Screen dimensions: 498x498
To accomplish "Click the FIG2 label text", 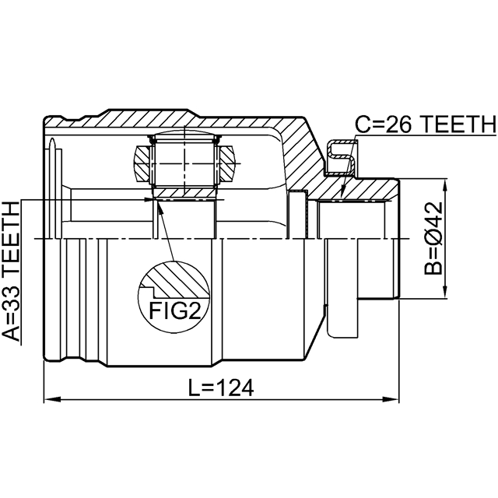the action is pos(174,310).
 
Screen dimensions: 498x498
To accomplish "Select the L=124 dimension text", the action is pos(221,388).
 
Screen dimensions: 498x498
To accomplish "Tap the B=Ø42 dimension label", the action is pos(433,238).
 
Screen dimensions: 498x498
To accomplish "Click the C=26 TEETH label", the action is pos(426,124).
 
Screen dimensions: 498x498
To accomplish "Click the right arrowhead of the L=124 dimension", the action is pos(391,399).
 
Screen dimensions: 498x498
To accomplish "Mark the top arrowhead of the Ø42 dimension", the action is pos(446,187).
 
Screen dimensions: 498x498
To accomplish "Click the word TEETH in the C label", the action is pos(459,124).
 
